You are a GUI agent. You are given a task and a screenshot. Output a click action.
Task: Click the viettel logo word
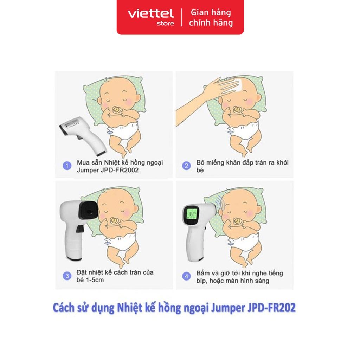150,14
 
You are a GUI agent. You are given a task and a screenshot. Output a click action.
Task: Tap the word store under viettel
165,24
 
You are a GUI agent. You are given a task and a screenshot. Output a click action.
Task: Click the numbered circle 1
67,166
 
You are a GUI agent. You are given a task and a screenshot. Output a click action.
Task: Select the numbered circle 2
186,166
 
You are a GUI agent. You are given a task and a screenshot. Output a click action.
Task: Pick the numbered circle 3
67,276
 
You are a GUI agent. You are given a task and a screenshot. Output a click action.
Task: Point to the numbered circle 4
186,276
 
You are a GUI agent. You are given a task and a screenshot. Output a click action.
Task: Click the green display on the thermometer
192,214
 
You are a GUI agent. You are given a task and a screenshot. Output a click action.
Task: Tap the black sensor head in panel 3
88,211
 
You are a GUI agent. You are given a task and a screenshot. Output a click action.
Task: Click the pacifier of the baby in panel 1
116,110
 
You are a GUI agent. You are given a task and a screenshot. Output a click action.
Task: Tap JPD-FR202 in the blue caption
272,308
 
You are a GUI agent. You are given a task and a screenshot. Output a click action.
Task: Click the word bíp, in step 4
201,281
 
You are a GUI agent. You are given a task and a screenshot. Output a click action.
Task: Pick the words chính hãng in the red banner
211,23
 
